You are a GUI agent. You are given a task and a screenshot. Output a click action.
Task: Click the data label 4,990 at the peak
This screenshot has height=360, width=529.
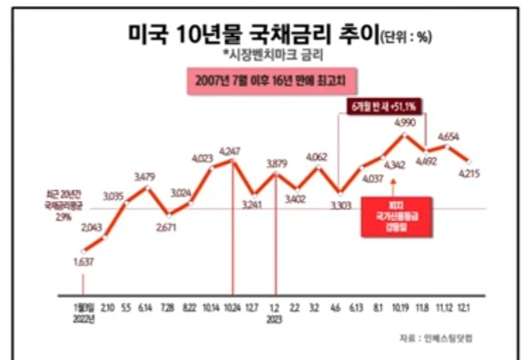(x=404, y=123)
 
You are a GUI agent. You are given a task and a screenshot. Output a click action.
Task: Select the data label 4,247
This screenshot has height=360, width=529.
(x=230, y=151)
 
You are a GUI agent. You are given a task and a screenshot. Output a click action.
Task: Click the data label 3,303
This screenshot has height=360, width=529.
(x=339, y=205)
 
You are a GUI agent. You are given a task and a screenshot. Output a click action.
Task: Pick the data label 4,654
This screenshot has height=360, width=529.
(x=449, y=136)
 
